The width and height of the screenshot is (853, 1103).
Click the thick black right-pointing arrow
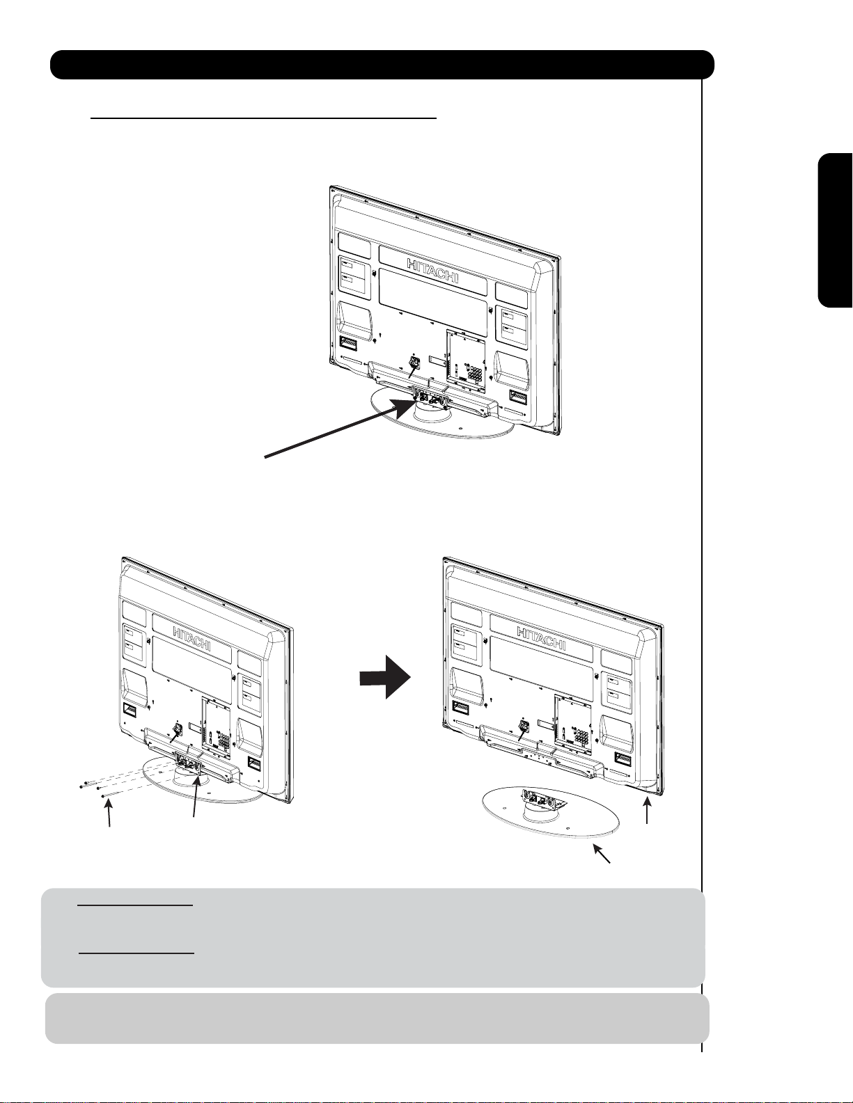(385, 677)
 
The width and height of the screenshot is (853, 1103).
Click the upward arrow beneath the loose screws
(109, 811)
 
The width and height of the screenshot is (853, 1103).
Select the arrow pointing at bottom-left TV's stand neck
(196, 798)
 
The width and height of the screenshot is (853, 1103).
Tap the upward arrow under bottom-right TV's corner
(646, 811)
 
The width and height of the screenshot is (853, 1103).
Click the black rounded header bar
(382, 65)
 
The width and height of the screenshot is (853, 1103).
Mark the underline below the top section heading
(263, 118)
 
